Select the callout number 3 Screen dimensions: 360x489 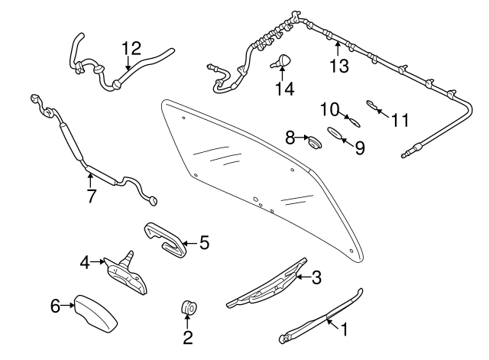[x=316, y=278]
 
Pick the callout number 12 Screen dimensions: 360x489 [x=131, y=49]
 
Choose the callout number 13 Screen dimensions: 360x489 [x=338, y=66]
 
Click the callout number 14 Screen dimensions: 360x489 [x=283, y=89]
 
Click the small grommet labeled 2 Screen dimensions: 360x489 [x=188, y=308]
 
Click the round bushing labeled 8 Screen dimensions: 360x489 [x=313, y=141]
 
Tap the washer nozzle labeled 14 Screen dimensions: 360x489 [x=283, y=60]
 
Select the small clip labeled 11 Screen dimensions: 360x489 [x=373, y=105]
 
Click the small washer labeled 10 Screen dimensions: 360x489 [x=352, y=119]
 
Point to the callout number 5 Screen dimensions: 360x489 [x=203, y=243]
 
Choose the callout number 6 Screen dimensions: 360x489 [x=55, y=306]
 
